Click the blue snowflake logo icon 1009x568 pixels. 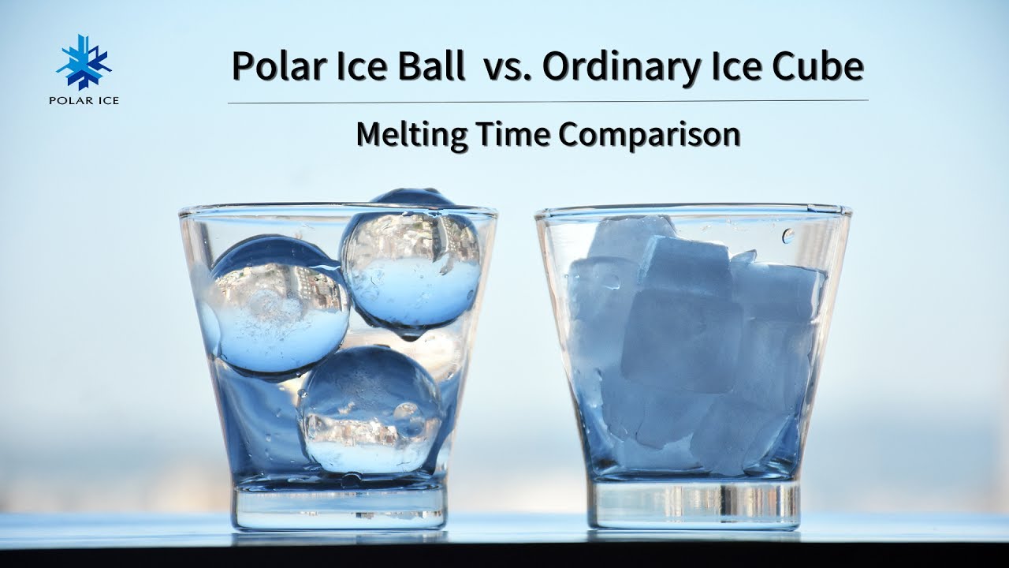pos(84,62)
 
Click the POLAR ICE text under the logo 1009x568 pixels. pos(84,100)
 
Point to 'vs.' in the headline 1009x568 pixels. pos(507,70)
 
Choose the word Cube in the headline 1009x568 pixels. pos(818,66)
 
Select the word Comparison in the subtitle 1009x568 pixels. pos(649,135)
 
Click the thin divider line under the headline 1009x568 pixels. pos(548,102)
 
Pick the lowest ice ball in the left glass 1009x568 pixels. pos(370,409)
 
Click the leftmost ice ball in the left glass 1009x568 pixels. pos(279,308)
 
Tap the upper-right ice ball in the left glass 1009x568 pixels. pos(411,266)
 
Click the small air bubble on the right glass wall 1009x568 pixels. pos(787,235)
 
